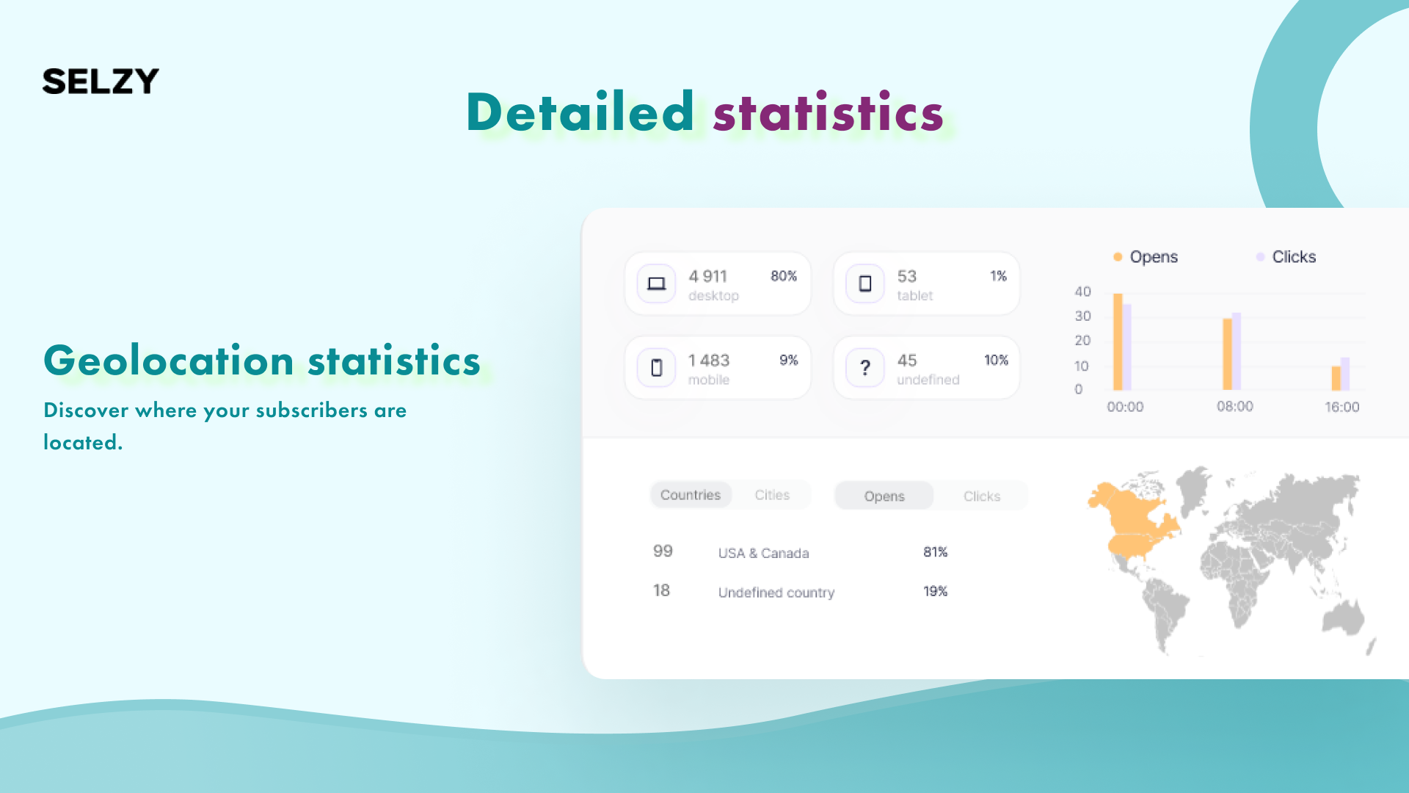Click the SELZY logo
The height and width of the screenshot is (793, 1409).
pyautogui.click(x=101, y=81)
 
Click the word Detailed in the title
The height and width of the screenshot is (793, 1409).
pyautogui.click(x=580, y=112)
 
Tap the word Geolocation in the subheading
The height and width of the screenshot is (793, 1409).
pyautogui.click(x=169, y=361)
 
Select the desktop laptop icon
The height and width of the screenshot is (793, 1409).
pyautogui.click(x=656, y=283)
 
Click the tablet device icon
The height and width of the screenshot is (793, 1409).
pyautogui.click(x=865, y=283)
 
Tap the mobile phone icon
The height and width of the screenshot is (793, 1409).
pyautogui.click(x=656, y=368)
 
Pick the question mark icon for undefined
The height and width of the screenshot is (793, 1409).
pyautogui.click(x=865, y=368)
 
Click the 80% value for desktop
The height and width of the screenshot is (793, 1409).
pyautogui.click(x=784, y=276)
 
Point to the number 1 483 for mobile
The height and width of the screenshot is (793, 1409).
pyautogui.click(x=709, y=361)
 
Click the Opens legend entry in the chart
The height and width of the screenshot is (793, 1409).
pyautogui.click(x=1146, y=257)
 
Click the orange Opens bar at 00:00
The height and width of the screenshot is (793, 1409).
pyautogui.click(x=1118, y=341)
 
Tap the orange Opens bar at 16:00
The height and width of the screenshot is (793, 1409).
pyautogui.click(x=1336, y=378)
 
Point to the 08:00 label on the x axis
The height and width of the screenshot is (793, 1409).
pyautogui.click(x=1235, y=407)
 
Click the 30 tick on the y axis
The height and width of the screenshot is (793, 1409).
pyautogui.click(x=1083, y=316)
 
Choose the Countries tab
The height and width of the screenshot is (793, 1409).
pyautogui.click(x=691, y=495)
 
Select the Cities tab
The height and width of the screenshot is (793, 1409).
pyautogui.click(x=772, y=495)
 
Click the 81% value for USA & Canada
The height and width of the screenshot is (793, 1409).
pyautogui.click(x=936, y=552)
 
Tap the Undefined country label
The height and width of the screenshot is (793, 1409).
pyautogui.click(x=776, y=593)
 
